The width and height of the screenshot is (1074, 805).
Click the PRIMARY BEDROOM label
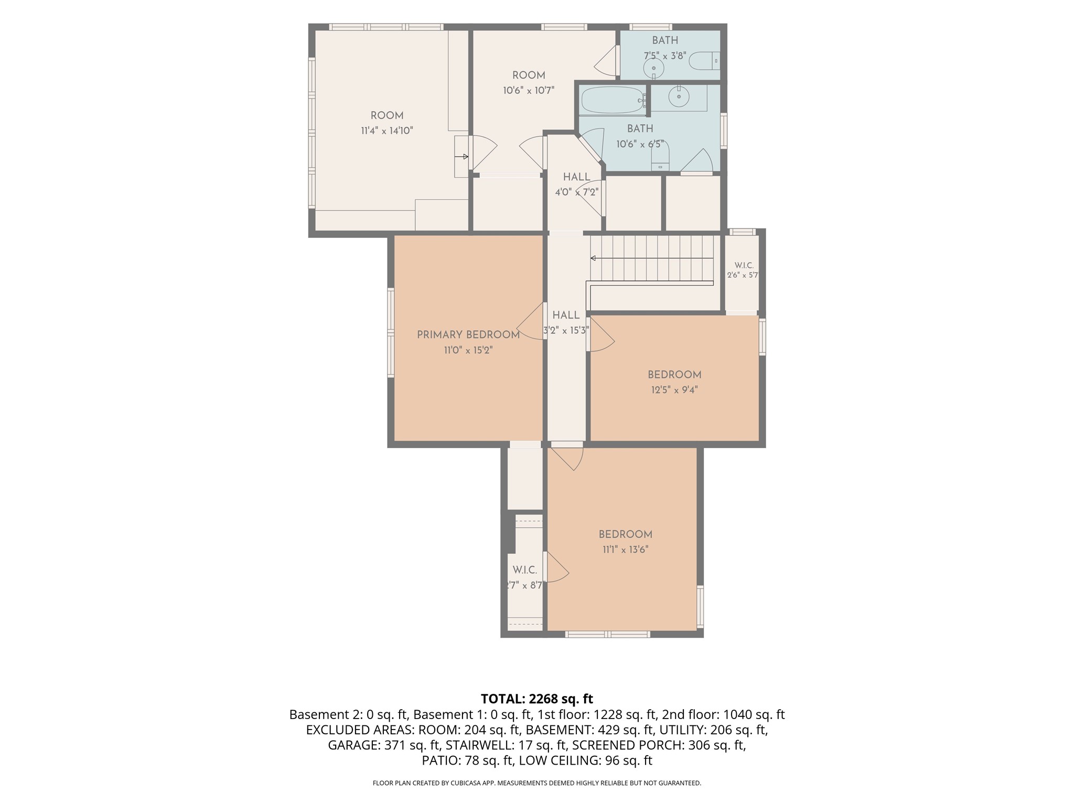[468, 335]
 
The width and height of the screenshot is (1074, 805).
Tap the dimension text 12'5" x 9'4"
[674, 390]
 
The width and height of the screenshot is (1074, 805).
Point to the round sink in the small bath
[654, 68]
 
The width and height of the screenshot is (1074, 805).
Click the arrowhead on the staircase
[593, 258]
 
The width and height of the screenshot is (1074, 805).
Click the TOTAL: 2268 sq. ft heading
[536, 699]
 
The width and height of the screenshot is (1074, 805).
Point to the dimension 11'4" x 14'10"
[387, 131]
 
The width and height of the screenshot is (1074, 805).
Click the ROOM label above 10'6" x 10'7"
[529, 75]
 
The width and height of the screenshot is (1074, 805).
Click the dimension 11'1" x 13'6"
[625, 550]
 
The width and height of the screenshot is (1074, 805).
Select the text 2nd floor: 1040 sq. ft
[723, 715]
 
